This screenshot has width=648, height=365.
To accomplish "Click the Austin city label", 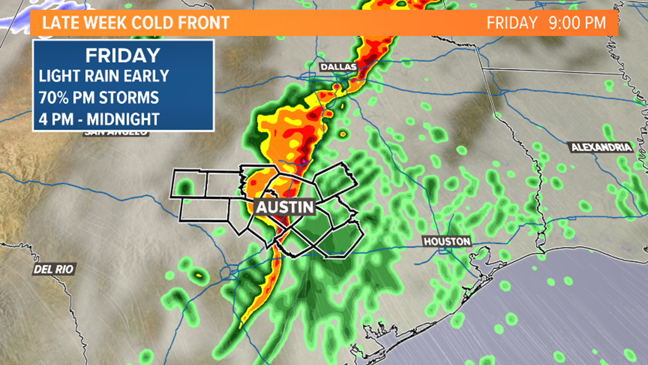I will (x=285, y=206).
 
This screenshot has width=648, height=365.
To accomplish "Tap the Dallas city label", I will (x=338, y=67).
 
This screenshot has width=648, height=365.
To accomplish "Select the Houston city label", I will (x=447, y=241).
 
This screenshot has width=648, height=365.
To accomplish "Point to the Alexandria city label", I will (x=601, y=147).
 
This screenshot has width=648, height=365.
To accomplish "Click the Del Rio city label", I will (x=54, y=269).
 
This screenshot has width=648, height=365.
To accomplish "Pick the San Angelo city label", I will (x=115, y=133).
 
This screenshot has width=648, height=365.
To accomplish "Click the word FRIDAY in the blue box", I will (x=122, y=56).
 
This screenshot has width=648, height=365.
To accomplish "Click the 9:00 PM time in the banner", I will (x=576, y=23).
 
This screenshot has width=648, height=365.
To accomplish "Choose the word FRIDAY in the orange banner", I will (x=512, y=23).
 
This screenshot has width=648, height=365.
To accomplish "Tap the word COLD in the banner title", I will (x=155, y=23).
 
